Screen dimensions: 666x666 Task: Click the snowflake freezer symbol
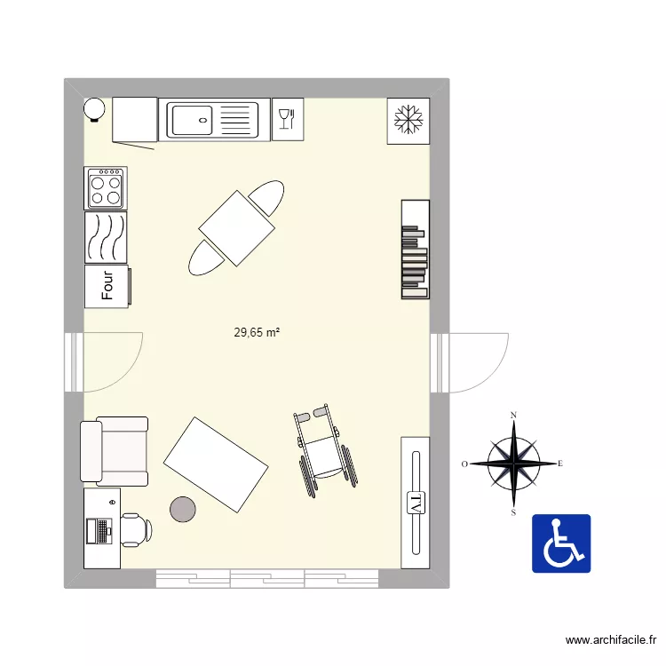408,120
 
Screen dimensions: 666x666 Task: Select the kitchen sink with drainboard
213,119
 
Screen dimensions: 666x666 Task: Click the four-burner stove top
106,187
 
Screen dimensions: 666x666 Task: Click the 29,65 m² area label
258,333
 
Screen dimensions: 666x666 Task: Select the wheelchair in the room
325,449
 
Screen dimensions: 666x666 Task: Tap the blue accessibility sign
561,543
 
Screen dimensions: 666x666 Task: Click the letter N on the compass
514,416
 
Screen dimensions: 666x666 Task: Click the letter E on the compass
560,464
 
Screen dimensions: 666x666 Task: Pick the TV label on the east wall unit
415,504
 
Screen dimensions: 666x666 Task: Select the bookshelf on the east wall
415,250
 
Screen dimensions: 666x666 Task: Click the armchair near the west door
115,451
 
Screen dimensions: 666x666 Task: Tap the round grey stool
184,508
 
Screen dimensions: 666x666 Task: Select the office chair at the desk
136,529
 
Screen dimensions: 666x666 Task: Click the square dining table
236,228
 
